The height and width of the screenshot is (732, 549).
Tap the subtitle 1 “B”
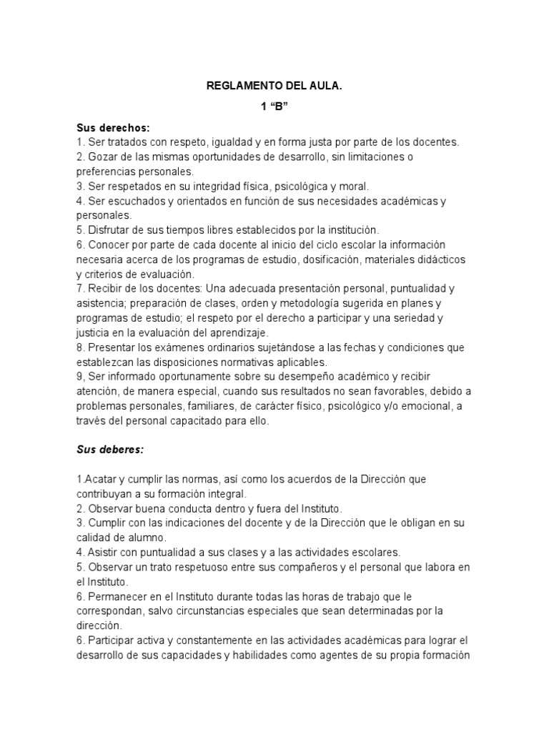coord(274,108)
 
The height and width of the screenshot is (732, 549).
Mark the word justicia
coord(94,332)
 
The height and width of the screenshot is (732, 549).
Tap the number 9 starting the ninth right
coord(79,377)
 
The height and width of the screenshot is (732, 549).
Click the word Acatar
coord(99,478)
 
